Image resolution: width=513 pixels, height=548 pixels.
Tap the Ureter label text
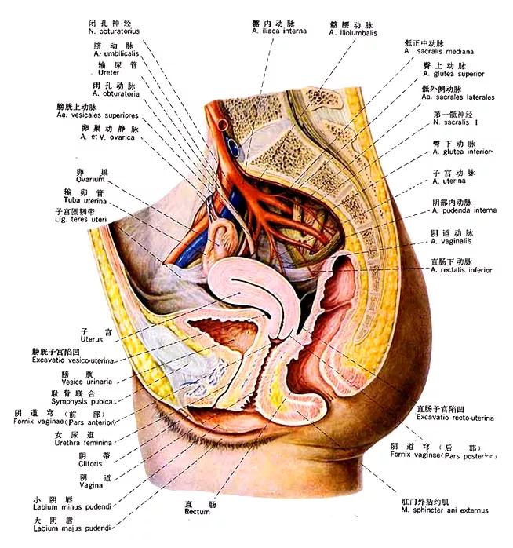(x=104, y=72)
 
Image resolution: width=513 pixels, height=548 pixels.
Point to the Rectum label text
(x=192, y=512)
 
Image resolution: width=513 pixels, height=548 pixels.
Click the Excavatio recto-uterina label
(x=455, y=418)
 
